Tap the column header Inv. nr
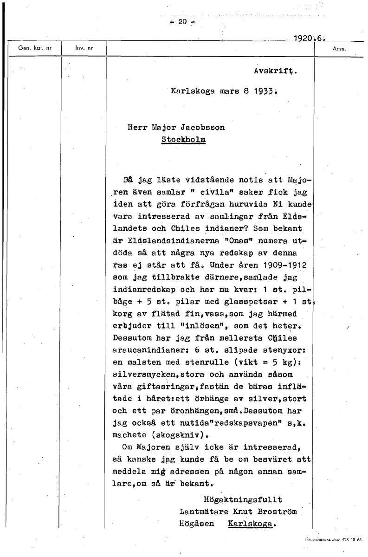(x=84, y=48)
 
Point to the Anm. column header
(x=339, y=48)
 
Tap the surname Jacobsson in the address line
(x=202, y=127)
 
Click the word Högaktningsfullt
(x=242, y=499)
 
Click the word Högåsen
(x=197, y=524)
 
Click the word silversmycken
(x=142, y=374)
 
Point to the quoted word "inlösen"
(x=192, y=326)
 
